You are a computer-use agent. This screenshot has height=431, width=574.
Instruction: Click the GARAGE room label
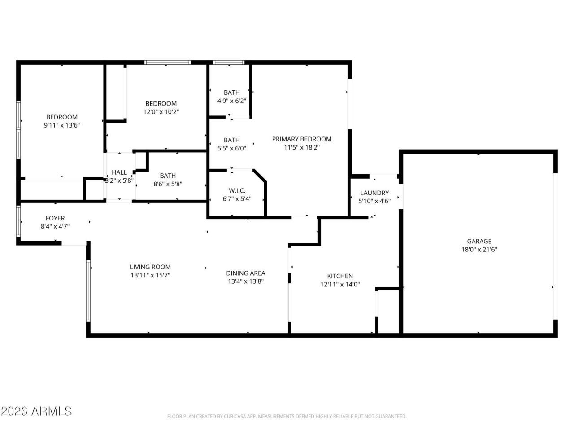click(479, 241)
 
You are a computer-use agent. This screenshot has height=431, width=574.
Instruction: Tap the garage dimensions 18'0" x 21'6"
click(479, 250)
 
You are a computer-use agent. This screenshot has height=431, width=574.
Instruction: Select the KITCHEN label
click(339, 276)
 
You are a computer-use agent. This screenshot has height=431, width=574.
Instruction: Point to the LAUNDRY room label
click(374, 193)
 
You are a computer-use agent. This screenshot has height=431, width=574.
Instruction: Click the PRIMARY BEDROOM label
click(301, 139)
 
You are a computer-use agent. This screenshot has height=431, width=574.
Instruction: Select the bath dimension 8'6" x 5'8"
click(168, 184)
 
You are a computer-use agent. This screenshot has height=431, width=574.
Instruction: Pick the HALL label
click(119, 172)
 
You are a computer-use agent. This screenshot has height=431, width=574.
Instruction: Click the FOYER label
click(55, 218)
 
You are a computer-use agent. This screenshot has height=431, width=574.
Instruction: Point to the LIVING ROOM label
click(150, 267)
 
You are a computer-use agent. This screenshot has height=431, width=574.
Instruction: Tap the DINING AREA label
click(245, 273)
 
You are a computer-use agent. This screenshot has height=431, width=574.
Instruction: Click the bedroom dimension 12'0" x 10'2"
click(161, 112)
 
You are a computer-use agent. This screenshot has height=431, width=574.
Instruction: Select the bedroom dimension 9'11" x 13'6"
click(62, 126)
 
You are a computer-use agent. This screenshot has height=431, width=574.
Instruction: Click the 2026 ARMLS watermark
click(36, 411)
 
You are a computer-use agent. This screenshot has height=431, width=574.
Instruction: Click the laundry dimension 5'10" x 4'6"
click(374, 201)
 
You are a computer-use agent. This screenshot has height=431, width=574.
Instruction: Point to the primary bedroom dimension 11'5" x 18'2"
click(301, 147)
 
